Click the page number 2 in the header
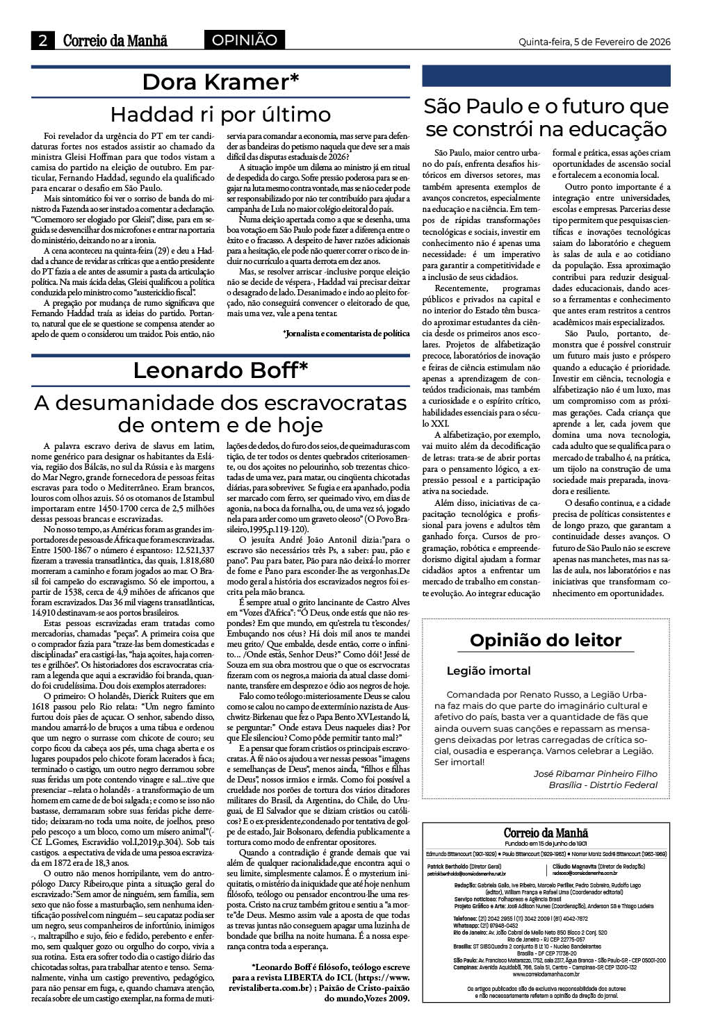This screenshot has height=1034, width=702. click(42, 40)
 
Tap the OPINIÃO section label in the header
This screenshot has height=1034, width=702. click(244, 40)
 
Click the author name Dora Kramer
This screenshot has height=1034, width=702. click(220, 82)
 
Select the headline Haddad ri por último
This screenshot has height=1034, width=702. click(221, 114)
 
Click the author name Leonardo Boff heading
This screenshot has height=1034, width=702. click(220, 370)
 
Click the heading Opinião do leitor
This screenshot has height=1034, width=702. click(546, 640)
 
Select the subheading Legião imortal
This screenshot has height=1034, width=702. click(488, 671)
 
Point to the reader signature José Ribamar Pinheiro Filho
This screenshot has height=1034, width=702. click(595, 773)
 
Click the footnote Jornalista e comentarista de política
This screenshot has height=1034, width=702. click(346, 334)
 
